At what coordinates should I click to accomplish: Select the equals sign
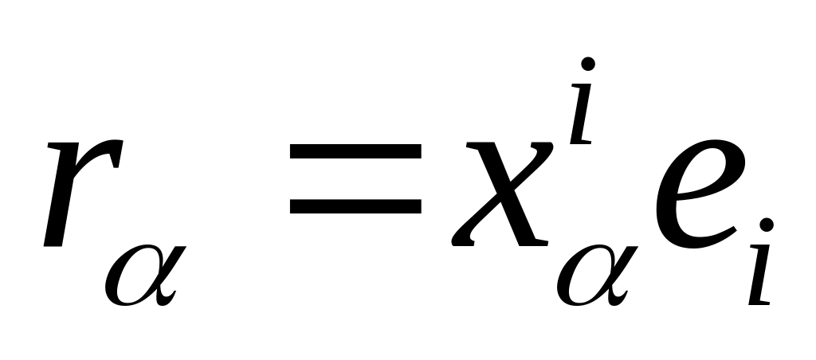pos(355,178)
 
